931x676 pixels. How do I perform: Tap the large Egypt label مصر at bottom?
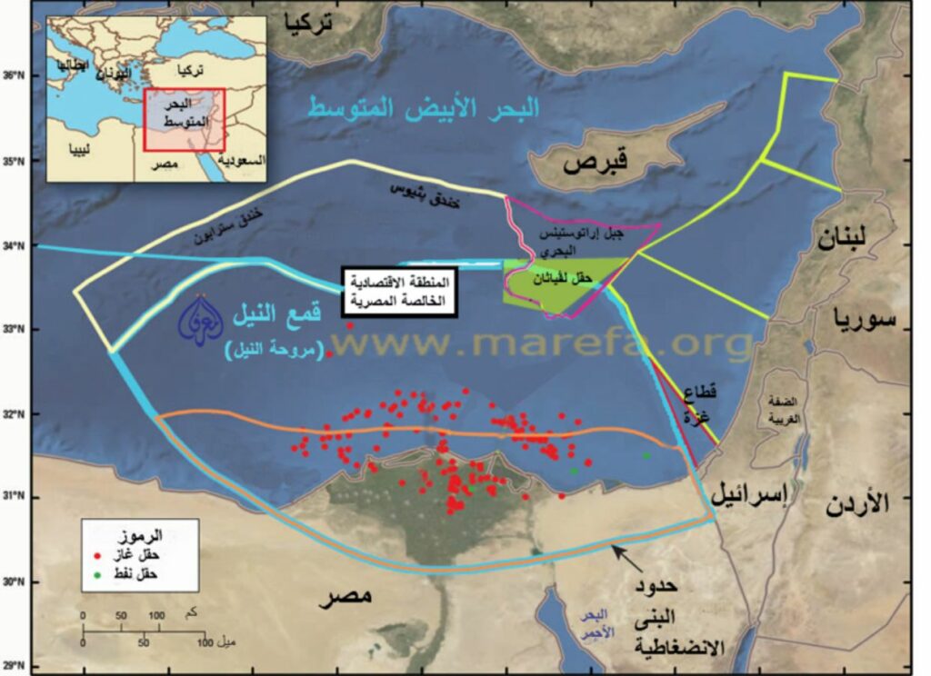346,597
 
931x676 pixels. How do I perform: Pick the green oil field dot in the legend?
96,573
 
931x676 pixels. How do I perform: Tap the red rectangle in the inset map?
184,118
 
